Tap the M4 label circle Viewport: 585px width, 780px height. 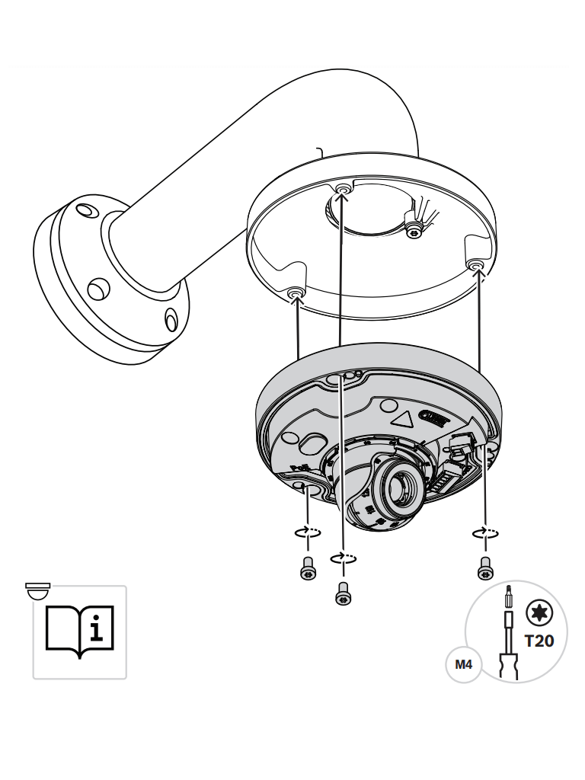[463, 665]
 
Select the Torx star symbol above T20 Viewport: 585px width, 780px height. [539, 613]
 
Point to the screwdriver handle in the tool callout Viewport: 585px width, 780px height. [508, 664]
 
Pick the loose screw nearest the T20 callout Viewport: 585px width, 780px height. [483, 567]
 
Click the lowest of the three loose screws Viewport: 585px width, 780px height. [343, 593]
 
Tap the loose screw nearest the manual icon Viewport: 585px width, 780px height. [307, 567]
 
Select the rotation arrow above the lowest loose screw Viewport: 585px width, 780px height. [344, 559]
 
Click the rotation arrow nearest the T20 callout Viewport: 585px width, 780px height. [484, 532]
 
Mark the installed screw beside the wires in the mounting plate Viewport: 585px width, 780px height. [414, 229]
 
